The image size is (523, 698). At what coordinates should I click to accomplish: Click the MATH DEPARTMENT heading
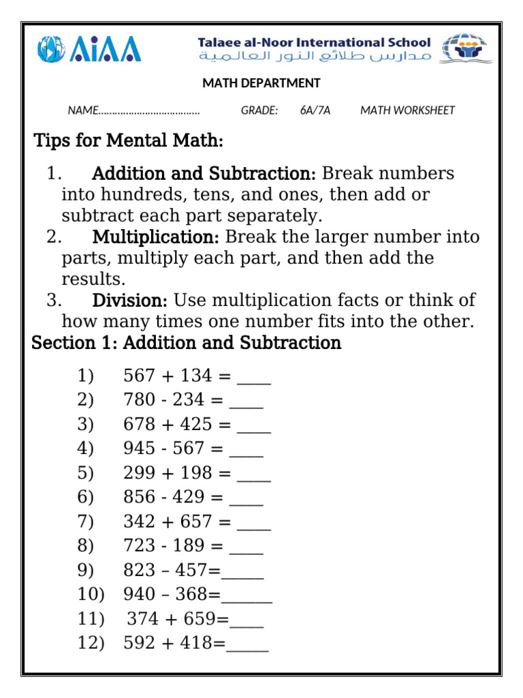tap(261, 83)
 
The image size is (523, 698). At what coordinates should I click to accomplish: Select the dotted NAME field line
tap(149, 111)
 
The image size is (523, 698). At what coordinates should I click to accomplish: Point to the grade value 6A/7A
tap(315, 110)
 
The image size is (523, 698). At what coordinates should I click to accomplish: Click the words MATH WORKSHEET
tap(407, 110)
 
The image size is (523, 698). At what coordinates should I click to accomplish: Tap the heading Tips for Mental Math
tap(128, 142)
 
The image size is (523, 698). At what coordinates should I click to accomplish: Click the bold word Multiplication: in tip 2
tap(155, 237)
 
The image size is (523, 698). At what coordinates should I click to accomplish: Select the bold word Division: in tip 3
tap(130, 301)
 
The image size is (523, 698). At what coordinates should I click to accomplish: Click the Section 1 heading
tap(187, 343)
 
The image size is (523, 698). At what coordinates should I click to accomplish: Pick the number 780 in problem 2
tap(138, 400)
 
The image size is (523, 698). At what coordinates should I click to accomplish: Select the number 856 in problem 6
tap(138, 498)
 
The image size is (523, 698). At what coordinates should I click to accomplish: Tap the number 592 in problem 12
tap(138, 643)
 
